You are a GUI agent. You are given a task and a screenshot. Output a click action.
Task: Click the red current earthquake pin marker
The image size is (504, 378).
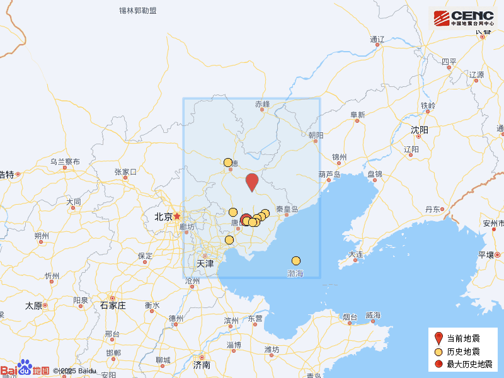pos(252,181)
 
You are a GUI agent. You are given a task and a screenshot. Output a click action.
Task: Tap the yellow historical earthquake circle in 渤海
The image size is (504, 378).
pos(296,261)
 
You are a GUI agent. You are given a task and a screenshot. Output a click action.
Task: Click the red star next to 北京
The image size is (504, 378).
pos(177,216)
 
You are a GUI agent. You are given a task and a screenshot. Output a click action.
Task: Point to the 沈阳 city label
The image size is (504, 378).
pos(419,130)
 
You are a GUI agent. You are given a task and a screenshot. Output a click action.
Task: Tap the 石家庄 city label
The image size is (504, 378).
pos(113,306)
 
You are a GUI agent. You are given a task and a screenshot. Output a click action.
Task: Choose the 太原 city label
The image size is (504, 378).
pos(33,306)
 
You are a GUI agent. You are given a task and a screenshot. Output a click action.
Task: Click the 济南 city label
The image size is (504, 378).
pos(202,365)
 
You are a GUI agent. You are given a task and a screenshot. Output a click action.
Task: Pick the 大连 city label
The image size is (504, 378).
pos(355,255)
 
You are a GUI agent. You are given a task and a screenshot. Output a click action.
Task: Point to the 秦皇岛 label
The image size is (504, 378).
pos(286,209)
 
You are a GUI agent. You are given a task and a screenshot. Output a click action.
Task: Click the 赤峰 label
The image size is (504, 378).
pos(262,104)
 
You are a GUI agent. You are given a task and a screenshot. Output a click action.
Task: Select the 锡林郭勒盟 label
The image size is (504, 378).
pos(138,11)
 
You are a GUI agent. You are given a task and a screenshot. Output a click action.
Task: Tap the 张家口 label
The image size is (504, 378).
pos(125,171)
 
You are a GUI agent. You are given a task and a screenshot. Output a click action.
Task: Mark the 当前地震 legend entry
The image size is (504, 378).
pos(462,338)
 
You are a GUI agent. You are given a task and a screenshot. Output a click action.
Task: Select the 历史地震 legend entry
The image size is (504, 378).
pos(462,351)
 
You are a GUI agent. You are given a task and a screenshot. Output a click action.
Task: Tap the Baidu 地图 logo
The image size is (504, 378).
pos(25,370)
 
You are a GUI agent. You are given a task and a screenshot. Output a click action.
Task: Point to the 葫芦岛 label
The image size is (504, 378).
pos(329,175)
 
